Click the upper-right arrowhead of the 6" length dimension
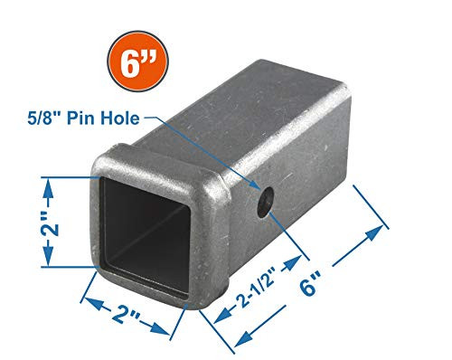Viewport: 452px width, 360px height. pyautogui.click(x=377, y=232)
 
